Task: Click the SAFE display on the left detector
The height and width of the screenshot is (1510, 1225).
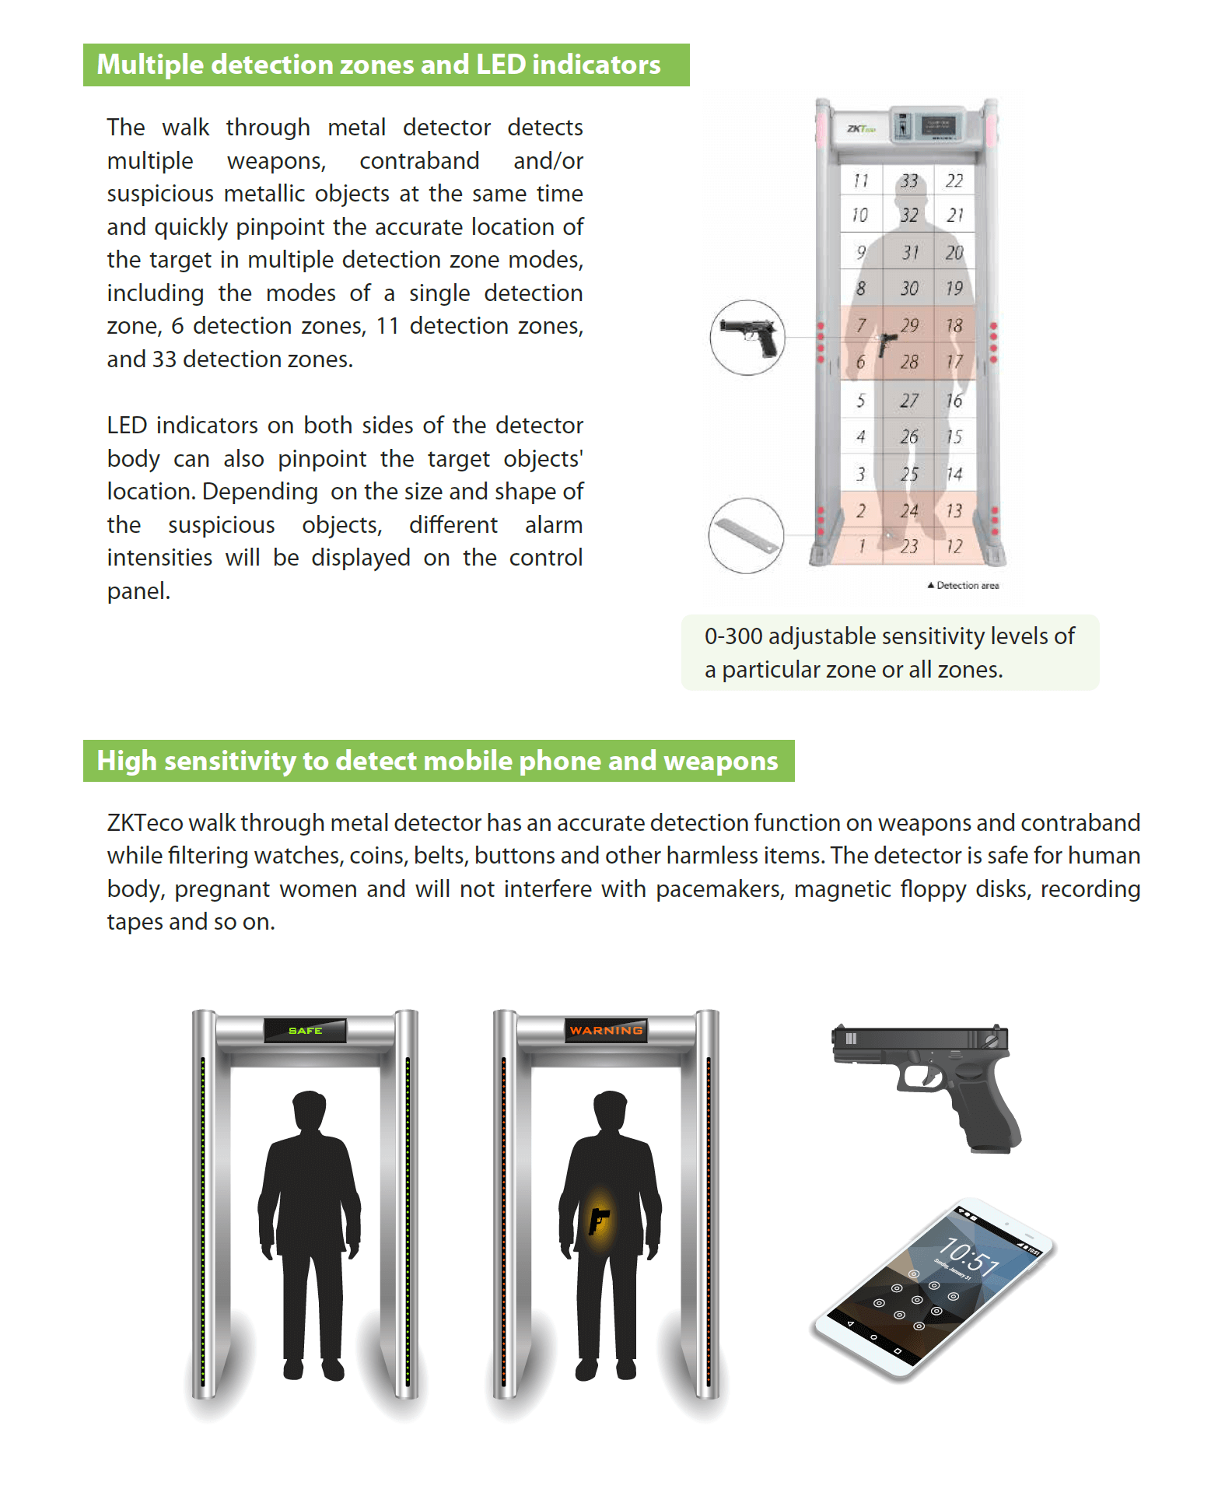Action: point(305,1030)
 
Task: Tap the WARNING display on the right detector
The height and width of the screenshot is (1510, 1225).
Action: point(606,1030)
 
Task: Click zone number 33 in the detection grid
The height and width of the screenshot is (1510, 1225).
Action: point(908,181)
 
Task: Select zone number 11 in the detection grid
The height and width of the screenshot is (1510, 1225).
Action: point(860,181)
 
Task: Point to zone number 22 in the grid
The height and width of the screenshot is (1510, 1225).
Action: point(954,181)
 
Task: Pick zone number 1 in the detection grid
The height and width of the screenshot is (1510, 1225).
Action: point(861,546)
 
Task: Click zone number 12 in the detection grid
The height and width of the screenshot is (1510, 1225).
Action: point(954,546)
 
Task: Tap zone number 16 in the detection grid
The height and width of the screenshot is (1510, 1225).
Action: point(954,401)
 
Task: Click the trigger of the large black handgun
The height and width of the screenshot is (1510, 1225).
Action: point(929,1075)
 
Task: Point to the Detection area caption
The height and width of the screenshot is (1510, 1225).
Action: point(967,585)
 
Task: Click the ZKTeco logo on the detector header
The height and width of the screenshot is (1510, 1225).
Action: point(861,128)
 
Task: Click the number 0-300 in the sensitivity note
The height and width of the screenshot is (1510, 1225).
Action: point(733,636)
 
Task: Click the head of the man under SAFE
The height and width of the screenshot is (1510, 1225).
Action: point(309,1111)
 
